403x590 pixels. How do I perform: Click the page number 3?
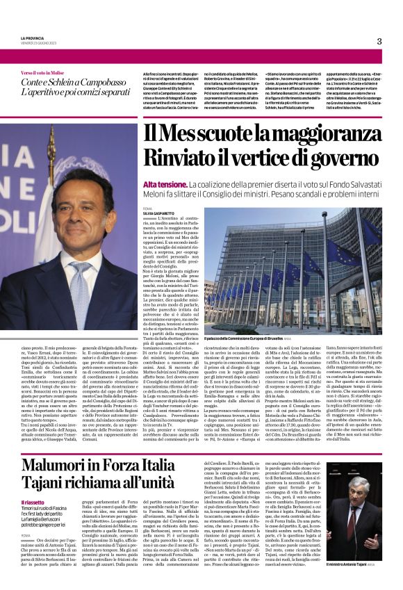pyautogui.click(x=379, y=42)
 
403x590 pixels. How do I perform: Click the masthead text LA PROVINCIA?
pyautogui.click(x=34, y=38)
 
